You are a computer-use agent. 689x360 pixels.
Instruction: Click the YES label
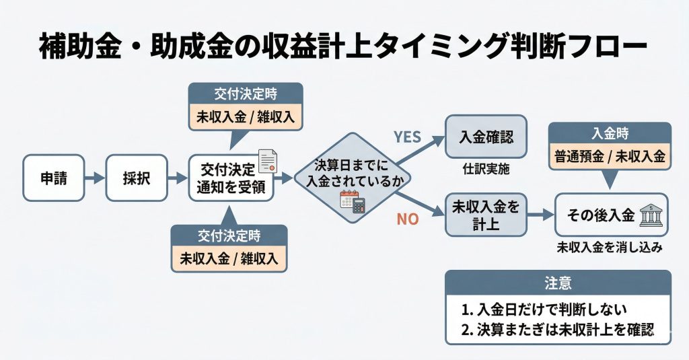[x=407, y=137]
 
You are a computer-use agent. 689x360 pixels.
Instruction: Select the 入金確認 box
[x=486, y=137]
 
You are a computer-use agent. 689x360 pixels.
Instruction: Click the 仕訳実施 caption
[x=486, y=170]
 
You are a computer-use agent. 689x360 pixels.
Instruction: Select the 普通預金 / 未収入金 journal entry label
[x=610, y=157]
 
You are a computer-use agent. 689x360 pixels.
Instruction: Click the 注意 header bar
[x=558, y=283]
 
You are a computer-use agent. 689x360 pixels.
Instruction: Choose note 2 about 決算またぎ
[x=558, y=330]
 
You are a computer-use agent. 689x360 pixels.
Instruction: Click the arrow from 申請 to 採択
[x=95, y=178]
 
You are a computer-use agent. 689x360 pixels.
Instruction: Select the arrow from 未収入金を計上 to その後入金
[x=539, y=215]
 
